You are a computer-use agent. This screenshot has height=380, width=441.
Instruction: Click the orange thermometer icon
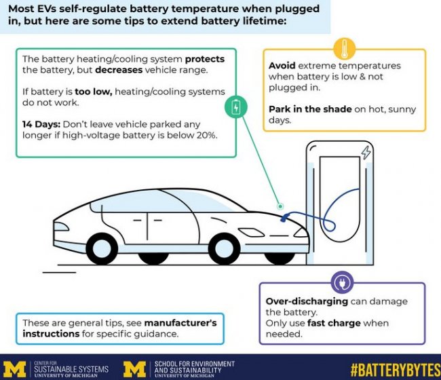click(x=345, y=49)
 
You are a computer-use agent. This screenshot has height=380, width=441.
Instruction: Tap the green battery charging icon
click(x=235, y=107)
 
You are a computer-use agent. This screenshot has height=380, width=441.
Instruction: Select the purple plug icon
click(x=342, y=282)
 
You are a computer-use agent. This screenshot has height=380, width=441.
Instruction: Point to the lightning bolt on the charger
click(x=366, y=152)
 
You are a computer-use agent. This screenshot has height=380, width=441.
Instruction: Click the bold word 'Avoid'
click(x=282, y=66)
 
